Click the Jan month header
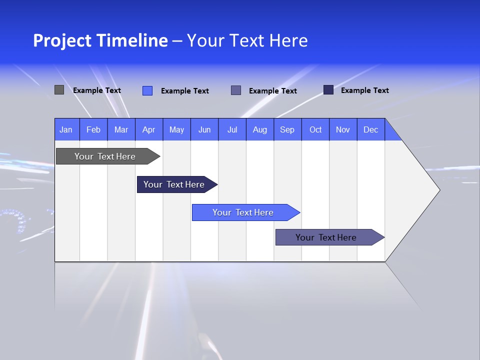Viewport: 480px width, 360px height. [66, 129]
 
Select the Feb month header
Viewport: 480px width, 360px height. [93, 129]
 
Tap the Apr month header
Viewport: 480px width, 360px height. [148, 129]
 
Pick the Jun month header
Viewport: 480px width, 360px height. [204, 129]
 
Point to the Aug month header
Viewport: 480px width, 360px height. [259, 129]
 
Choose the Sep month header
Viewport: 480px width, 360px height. [287, 129]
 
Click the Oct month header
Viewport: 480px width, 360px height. [315, 129]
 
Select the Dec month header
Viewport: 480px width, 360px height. [370, 129]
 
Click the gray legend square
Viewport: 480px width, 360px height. [59, 90]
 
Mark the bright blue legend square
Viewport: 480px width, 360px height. [147, 90]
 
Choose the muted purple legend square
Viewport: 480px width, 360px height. [236, 90]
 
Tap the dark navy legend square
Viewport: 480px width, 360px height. [328, 90]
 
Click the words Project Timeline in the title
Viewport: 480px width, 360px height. [100, 40]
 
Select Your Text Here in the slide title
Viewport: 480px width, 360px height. [247, 40]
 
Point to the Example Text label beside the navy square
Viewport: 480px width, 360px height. [364, 90]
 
